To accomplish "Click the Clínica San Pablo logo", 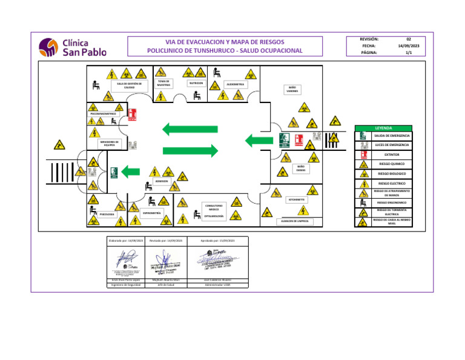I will coord(73,47).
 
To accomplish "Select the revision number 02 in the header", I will coord(408,38).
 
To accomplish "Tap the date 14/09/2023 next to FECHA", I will coord(408,45).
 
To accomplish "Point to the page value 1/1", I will coord(408,53).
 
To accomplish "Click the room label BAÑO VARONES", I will coord(292,89).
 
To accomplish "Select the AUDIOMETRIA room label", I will coord(235,84).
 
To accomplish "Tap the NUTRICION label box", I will coord(196,82).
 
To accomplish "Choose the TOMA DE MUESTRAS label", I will coord(163,83).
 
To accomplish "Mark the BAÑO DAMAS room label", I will coord(300,168).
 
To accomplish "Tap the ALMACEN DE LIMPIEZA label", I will coord(295,221).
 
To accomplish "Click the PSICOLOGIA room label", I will coord(107,214).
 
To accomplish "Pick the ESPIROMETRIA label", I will coord(151,213).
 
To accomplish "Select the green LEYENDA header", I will coord(384,128).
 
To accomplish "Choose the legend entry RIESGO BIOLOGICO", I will coord(392,173).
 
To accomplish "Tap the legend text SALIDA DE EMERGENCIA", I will coord(392,136).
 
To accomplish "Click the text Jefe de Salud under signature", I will coord(165,284).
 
